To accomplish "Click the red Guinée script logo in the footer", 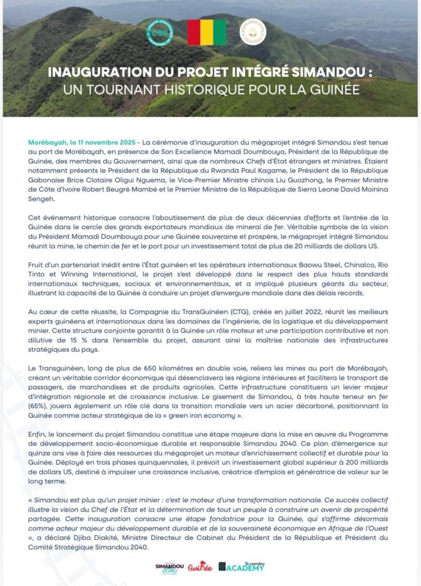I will click(200, 567).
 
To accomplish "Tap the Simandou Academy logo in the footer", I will click(241, 567).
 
